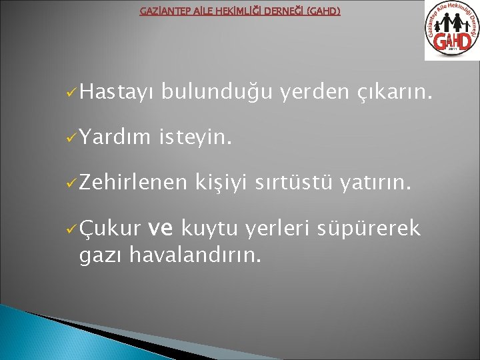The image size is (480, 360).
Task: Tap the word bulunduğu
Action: click(217, 97)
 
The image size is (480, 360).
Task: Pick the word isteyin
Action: click(196, 139)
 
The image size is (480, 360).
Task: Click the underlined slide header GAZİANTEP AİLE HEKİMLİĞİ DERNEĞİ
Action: click(239, 11)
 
